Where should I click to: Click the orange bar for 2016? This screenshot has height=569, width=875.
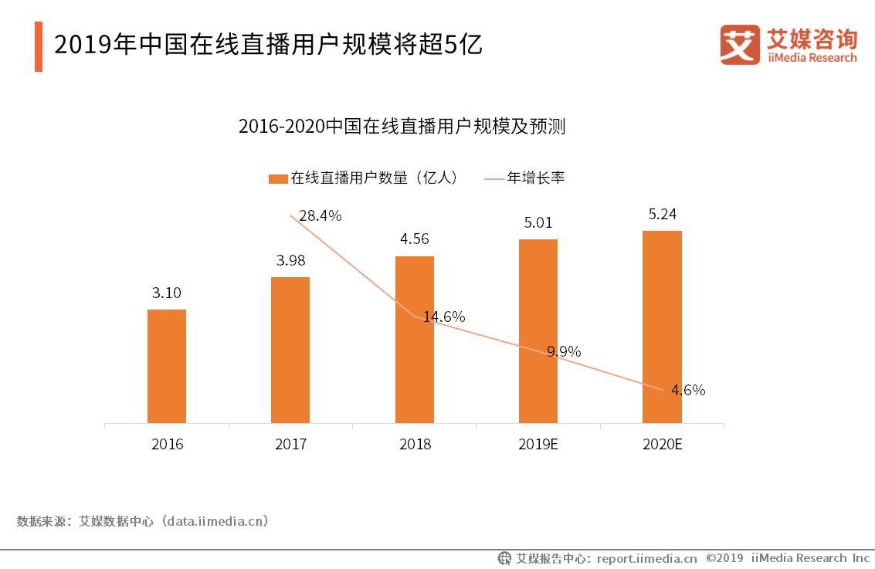coord(167,366)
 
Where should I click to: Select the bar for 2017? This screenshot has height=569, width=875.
coord(290,350)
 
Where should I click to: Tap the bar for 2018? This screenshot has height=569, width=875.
coord(414,340)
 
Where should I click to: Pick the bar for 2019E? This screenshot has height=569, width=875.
coord(538,331)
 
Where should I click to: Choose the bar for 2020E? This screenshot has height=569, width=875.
coord(662,327)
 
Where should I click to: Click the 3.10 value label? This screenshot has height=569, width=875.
coord(167,293)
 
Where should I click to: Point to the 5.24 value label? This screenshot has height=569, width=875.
coord(662,214)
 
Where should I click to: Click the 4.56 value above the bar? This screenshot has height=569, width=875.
coord(414,239)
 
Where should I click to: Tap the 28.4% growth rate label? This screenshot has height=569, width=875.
coord(320,216)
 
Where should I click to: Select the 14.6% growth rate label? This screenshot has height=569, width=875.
coord(443,317)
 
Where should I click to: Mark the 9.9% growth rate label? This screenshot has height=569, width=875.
coord(564,352)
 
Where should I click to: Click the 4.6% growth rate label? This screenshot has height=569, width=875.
coord(687,391)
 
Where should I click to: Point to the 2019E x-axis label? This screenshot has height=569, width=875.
coord(538,445)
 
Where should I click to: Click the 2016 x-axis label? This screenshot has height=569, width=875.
coord(167,445)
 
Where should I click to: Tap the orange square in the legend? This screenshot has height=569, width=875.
coord(277,178)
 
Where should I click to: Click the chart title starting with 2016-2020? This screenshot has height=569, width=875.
coord(402,127)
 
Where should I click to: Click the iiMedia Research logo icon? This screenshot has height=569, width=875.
coord(740,44)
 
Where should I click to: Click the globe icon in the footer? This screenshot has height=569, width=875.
coord(504,558)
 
